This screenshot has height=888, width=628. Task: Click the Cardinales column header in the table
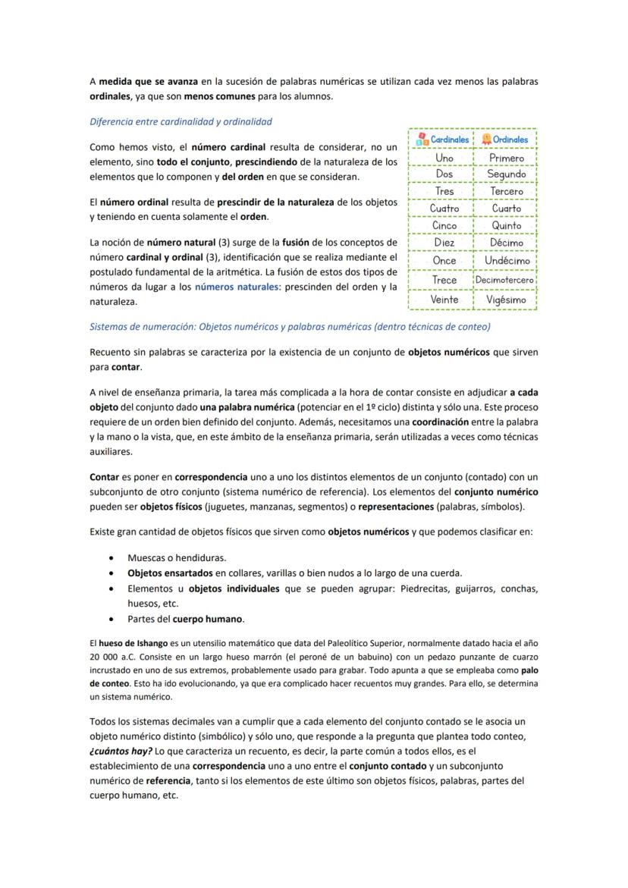point(441,140)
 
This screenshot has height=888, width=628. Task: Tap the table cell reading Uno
point(444,158)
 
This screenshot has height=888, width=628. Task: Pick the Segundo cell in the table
point(506,174)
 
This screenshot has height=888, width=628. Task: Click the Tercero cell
point(506,191)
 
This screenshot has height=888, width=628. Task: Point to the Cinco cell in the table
point(444,225)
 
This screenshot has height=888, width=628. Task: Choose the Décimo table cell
point(506,243)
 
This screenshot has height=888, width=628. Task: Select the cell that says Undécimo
point(506,260)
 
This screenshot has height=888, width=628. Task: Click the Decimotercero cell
point(505,280)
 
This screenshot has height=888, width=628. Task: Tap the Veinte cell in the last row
point(444,300)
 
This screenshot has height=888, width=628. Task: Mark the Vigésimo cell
point(506,300)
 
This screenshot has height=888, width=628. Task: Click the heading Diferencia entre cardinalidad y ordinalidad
point(181,121)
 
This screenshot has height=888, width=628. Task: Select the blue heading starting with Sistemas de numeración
point(290,327)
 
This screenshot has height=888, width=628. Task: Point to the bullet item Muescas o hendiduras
point(177,557)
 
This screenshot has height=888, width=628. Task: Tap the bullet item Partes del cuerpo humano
point(185,619)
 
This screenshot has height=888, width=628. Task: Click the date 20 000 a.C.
point(114,657)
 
